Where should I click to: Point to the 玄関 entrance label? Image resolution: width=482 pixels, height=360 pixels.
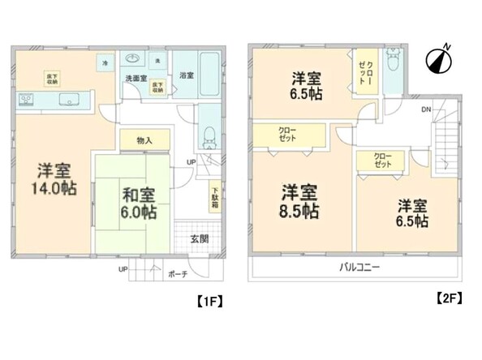click(x=200, y=238)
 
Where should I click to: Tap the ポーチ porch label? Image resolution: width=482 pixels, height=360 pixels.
click(x=178, y=274)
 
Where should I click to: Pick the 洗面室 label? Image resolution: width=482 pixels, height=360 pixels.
click(x=135, y=78)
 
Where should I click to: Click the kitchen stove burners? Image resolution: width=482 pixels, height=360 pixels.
click(x=26, y=101)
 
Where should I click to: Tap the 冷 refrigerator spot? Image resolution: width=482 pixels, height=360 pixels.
click(x=105, y=62)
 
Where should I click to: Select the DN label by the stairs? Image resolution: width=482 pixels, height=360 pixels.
click(x=426, y=109)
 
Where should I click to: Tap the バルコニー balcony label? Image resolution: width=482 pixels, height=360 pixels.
click(x=356, y=266)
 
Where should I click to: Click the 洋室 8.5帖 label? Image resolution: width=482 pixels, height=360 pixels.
click(x=299, y=202)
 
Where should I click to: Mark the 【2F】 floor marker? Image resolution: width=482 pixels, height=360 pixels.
click(x=449, y=298)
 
